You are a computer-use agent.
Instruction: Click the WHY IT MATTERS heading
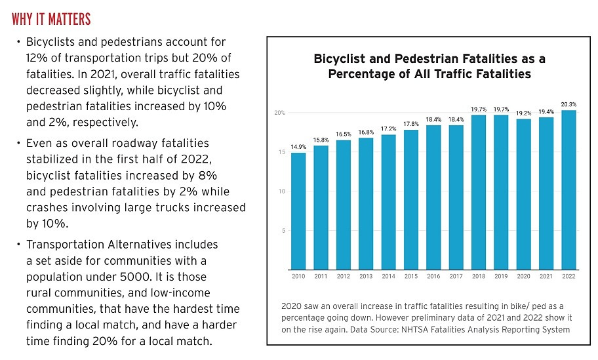pyautogui.click(x=51, y=18)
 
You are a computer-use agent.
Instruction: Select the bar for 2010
pyautogui.click(x=298, y=210)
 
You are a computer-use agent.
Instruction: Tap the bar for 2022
pyautogui.click(x=568, y=190)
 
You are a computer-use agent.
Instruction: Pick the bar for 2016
pyautogui.click(x=433, y=197)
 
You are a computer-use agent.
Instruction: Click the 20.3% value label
pyautogui.click(x=568, y=104)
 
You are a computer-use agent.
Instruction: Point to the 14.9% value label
pyautogui.click(x=298, y=146)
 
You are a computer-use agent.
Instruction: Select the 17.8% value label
pyautogui.click(x=411, y=123)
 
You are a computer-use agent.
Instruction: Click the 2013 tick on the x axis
pyautogui.click(x=366, y=276)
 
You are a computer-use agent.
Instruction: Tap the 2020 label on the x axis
pyautogui.click(x=523, y=276)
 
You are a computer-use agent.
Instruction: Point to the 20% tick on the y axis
pyautogui.click(x=279, y=113)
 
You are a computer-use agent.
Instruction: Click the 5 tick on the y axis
pyautogui.click(x=282, y=231)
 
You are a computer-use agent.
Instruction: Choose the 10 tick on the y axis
pyautogui.click(x=281, y=191)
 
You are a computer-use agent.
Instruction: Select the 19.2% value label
pyautogui.click(x=523, y=112)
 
